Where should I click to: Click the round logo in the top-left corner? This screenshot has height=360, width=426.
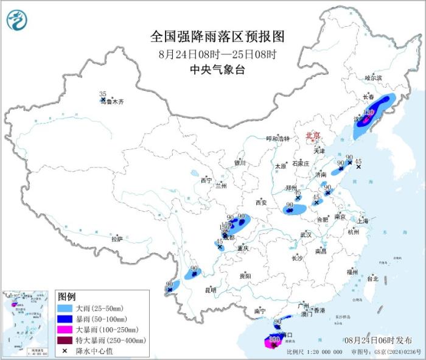coord(17,21)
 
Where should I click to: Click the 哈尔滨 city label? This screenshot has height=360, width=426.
coord(373,78)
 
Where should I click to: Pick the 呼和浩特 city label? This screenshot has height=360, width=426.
coord(280,138)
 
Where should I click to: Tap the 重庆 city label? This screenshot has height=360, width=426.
coord(244,248)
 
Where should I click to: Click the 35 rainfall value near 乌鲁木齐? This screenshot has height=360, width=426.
coord(102,94)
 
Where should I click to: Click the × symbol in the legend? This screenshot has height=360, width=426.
coord(65,351)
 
